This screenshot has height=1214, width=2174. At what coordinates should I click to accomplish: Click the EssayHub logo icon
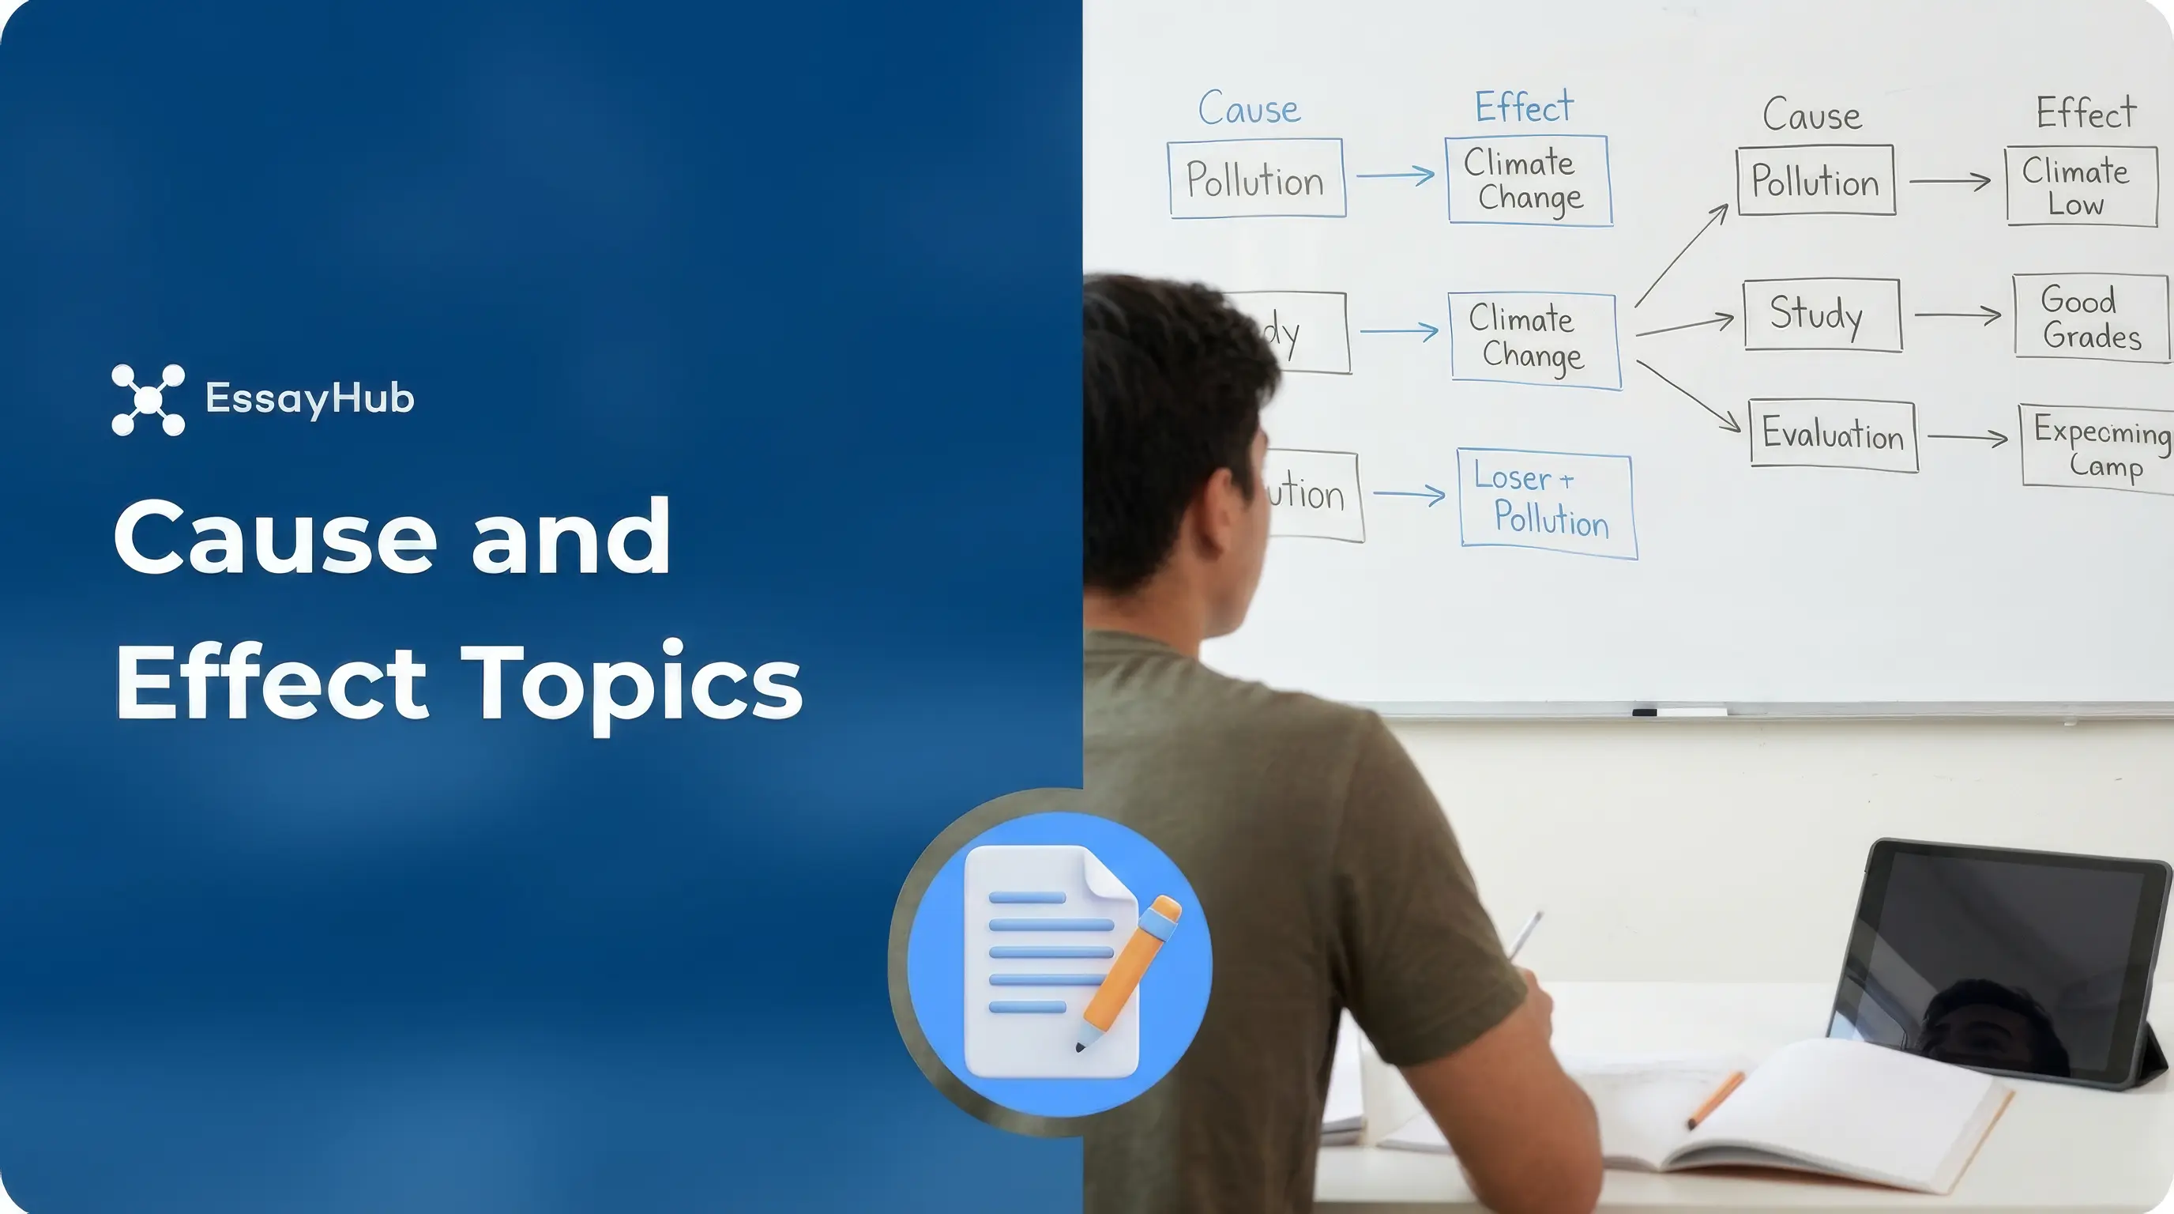tap(148, 399)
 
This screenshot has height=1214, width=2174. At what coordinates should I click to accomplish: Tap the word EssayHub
tap(309, 398)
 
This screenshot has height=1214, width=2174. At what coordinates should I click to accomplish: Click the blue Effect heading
tap(1523, 107)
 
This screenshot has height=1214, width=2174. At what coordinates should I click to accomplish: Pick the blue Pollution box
tap(1256, 179)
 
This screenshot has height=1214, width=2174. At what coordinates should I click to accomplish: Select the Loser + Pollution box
tap(1547, 503)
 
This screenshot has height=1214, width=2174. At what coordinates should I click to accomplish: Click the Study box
tap(1821, 314)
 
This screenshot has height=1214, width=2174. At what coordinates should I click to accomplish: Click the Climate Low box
tap(2079, 187)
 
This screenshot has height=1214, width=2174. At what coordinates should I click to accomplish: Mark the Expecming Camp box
tap(2097, 447)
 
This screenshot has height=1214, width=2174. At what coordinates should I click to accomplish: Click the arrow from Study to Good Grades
tap(1956, 315)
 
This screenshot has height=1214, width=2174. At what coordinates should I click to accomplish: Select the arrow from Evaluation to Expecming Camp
tap(1966, 437)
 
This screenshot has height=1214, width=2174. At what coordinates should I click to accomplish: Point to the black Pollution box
tap(1815, 181)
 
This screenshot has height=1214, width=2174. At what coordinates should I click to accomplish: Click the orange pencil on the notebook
tap(1715, 1100)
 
